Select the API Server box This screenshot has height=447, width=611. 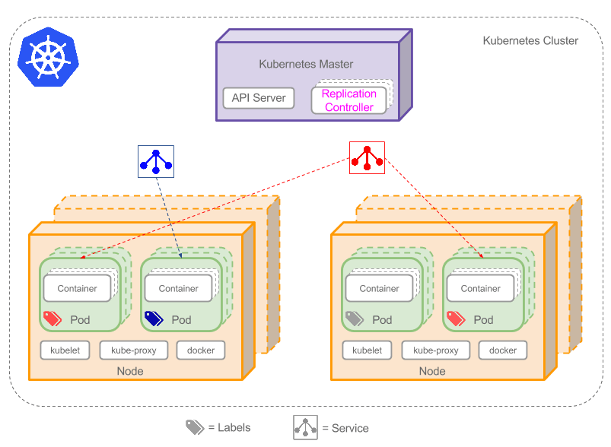coord(259,97)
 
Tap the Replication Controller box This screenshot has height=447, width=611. coord(349,100)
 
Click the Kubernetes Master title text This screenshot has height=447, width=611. coord(306,64)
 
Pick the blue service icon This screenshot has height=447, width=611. coord(155,160)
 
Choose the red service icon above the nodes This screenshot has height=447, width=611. coord(367,157)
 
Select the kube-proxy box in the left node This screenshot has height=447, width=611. coord(133,350)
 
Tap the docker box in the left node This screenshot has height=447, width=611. coord(201,350)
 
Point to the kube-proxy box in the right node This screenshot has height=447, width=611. coord(435,350)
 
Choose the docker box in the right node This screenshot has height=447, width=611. coord(503,350)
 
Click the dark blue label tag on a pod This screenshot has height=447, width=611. coord(154,319)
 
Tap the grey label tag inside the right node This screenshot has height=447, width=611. coord(355,319)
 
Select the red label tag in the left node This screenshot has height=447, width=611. coord(53,319)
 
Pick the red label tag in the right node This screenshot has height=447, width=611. coord(456,319)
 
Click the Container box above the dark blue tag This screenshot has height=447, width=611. coord(178,288)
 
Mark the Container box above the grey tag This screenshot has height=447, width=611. coord(379,288)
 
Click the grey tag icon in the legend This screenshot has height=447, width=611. coord(195,427)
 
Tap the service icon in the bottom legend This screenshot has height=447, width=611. coord(305,427)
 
